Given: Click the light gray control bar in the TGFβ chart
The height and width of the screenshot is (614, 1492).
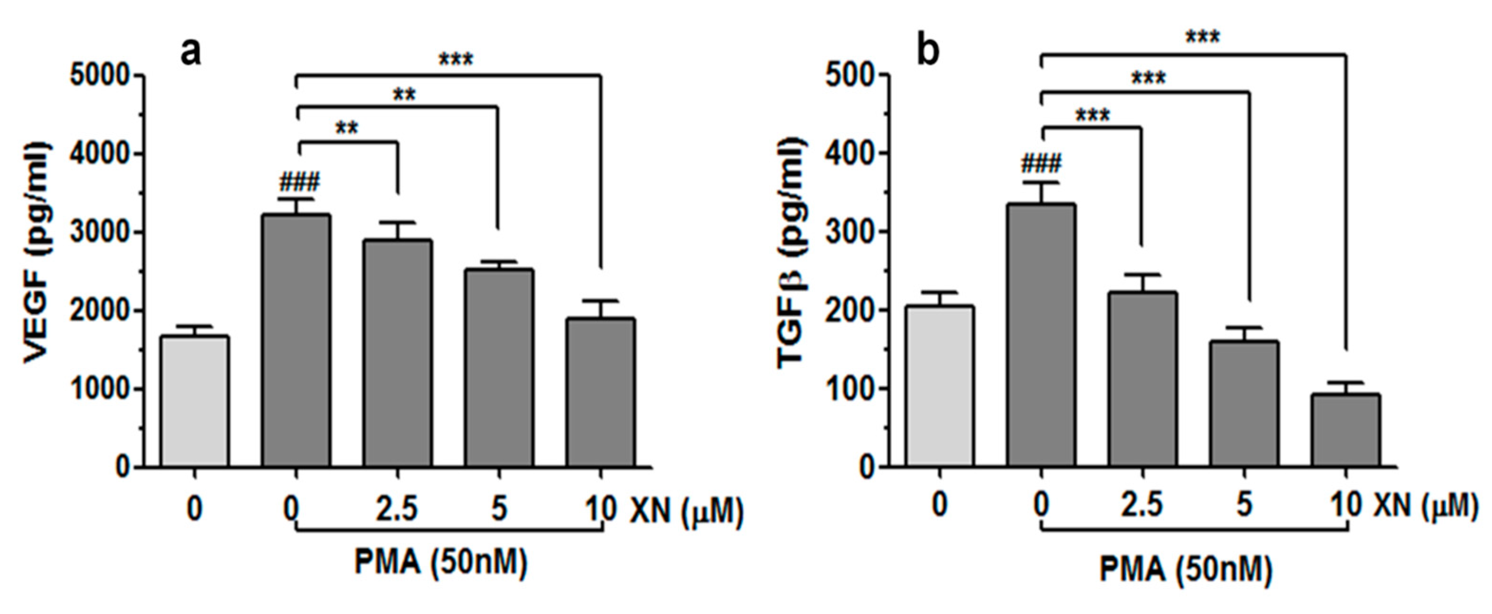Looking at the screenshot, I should (x=940, y=386).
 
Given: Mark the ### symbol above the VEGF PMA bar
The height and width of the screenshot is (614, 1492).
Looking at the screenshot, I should (x=299, y=183).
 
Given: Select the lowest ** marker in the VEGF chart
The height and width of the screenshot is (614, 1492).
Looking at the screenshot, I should (x=347, y=128).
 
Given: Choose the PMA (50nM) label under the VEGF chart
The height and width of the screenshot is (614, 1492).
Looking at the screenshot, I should (x=441, y=562).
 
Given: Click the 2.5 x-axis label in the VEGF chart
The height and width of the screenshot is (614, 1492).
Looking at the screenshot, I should (x=397, y=509).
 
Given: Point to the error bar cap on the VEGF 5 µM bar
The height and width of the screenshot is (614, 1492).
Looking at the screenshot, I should (x=499, y=262).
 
